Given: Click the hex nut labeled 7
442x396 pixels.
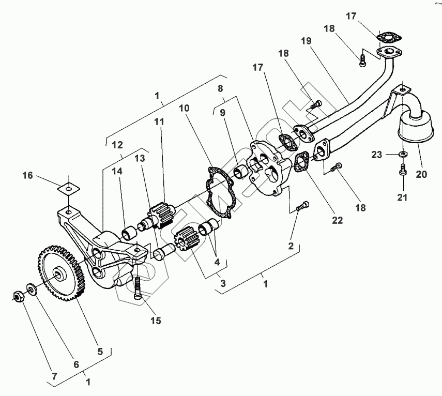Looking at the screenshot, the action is pyautogui.click(x=16, y=296).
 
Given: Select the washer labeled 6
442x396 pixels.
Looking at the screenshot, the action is pyautogui.click(x=31, y=288).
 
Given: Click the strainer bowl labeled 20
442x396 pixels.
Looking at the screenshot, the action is pyautogui.click(x=414, y=128).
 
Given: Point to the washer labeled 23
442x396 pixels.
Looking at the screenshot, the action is pyautogui.click(x=403, y=154).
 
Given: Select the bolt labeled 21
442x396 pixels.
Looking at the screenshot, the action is pyautogui.click(x=403, y=169).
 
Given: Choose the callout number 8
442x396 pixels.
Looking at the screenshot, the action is pyautogui.click(x=220, y=88).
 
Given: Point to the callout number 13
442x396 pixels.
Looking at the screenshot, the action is pyautogui.click(x=140, y=158).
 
